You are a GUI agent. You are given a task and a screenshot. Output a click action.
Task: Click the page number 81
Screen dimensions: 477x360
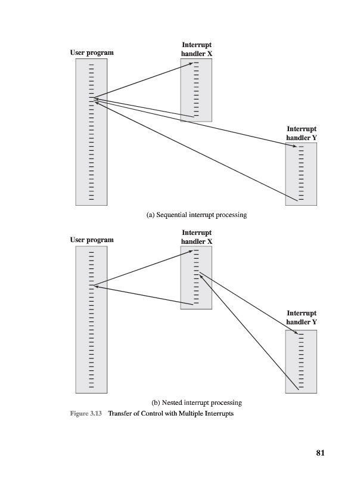319,453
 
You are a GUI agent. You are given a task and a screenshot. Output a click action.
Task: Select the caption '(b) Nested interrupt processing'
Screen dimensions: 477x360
197,402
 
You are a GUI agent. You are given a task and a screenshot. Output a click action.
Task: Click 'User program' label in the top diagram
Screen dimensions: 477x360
92,53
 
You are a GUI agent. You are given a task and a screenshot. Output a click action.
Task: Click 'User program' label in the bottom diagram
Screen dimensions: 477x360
92,240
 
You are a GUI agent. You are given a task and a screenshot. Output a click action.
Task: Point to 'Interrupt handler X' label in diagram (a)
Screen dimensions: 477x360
196,49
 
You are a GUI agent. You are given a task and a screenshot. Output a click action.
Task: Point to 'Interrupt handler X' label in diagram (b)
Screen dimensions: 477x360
196,237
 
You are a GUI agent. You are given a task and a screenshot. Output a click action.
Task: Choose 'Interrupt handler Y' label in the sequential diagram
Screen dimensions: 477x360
301,133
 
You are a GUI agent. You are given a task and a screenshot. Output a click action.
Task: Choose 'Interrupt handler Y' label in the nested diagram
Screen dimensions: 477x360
301,317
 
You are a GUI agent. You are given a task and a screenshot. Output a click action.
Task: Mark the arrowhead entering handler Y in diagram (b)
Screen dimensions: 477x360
294,335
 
